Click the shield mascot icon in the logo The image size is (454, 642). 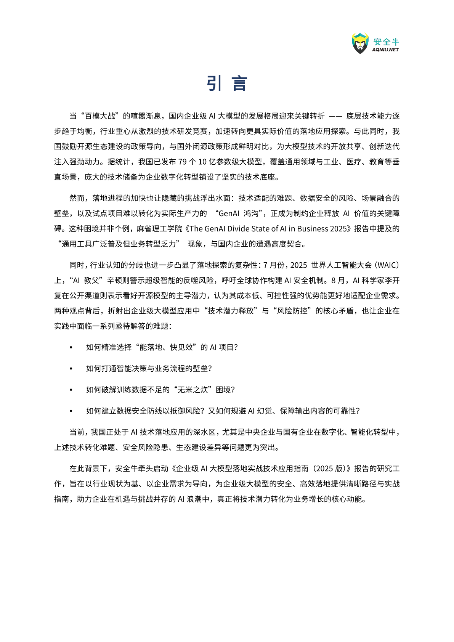(360, 43)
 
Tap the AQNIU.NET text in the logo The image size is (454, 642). (385, 50)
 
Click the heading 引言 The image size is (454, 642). (227, 83)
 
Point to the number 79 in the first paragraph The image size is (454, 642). (182, 162)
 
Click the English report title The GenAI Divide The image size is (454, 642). (218, 229)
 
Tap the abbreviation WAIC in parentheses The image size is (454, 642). (388, 265)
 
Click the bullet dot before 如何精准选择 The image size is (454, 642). (71, 347)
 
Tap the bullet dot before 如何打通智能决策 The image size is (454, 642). (71, 369)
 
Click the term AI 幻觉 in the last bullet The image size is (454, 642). (260, 411)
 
